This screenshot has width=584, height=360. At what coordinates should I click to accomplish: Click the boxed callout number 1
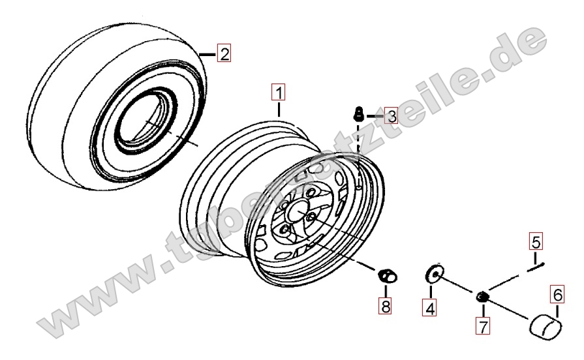pyautogui.click(x=279, y=93)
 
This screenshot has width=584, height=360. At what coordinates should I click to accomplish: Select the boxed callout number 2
pyautogui.click(x=224, y=53)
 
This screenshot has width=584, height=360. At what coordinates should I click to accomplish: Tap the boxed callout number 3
pyautogui.click(x=391, y=116)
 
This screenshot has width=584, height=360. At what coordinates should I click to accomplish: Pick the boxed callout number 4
pyautogui.click(x=430, y=308)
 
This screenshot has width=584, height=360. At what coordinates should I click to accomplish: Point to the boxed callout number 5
pyautogui.click(x=536, y=241)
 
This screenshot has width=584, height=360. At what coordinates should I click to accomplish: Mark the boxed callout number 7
pyautogui.click(x=483, y=327)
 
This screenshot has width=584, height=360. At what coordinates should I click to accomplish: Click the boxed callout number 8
pyautogui.click(x=385, y=306)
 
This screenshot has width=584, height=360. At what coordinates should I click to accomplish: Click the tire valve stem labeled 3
pyautogui.click(x=358, y=113)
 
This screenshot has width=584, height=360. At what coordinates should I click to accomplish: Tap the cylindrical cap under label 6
pyautogui.click(x=546, y=327)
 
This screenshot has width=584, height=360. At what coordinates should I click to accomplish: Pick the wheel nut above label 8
pyautogui.click(x=388, y=276)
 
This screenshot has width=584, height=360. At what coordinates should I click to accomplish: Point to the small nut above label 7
pyautogui.click(x=482, y=297)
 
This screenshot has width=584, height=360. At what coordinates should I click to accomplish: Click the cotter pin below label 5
pyautogui.click(x=536, y=267)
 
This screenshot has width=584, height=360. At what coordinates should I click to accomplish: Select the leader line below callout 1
pyautogui.click(x=279, y=109)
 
